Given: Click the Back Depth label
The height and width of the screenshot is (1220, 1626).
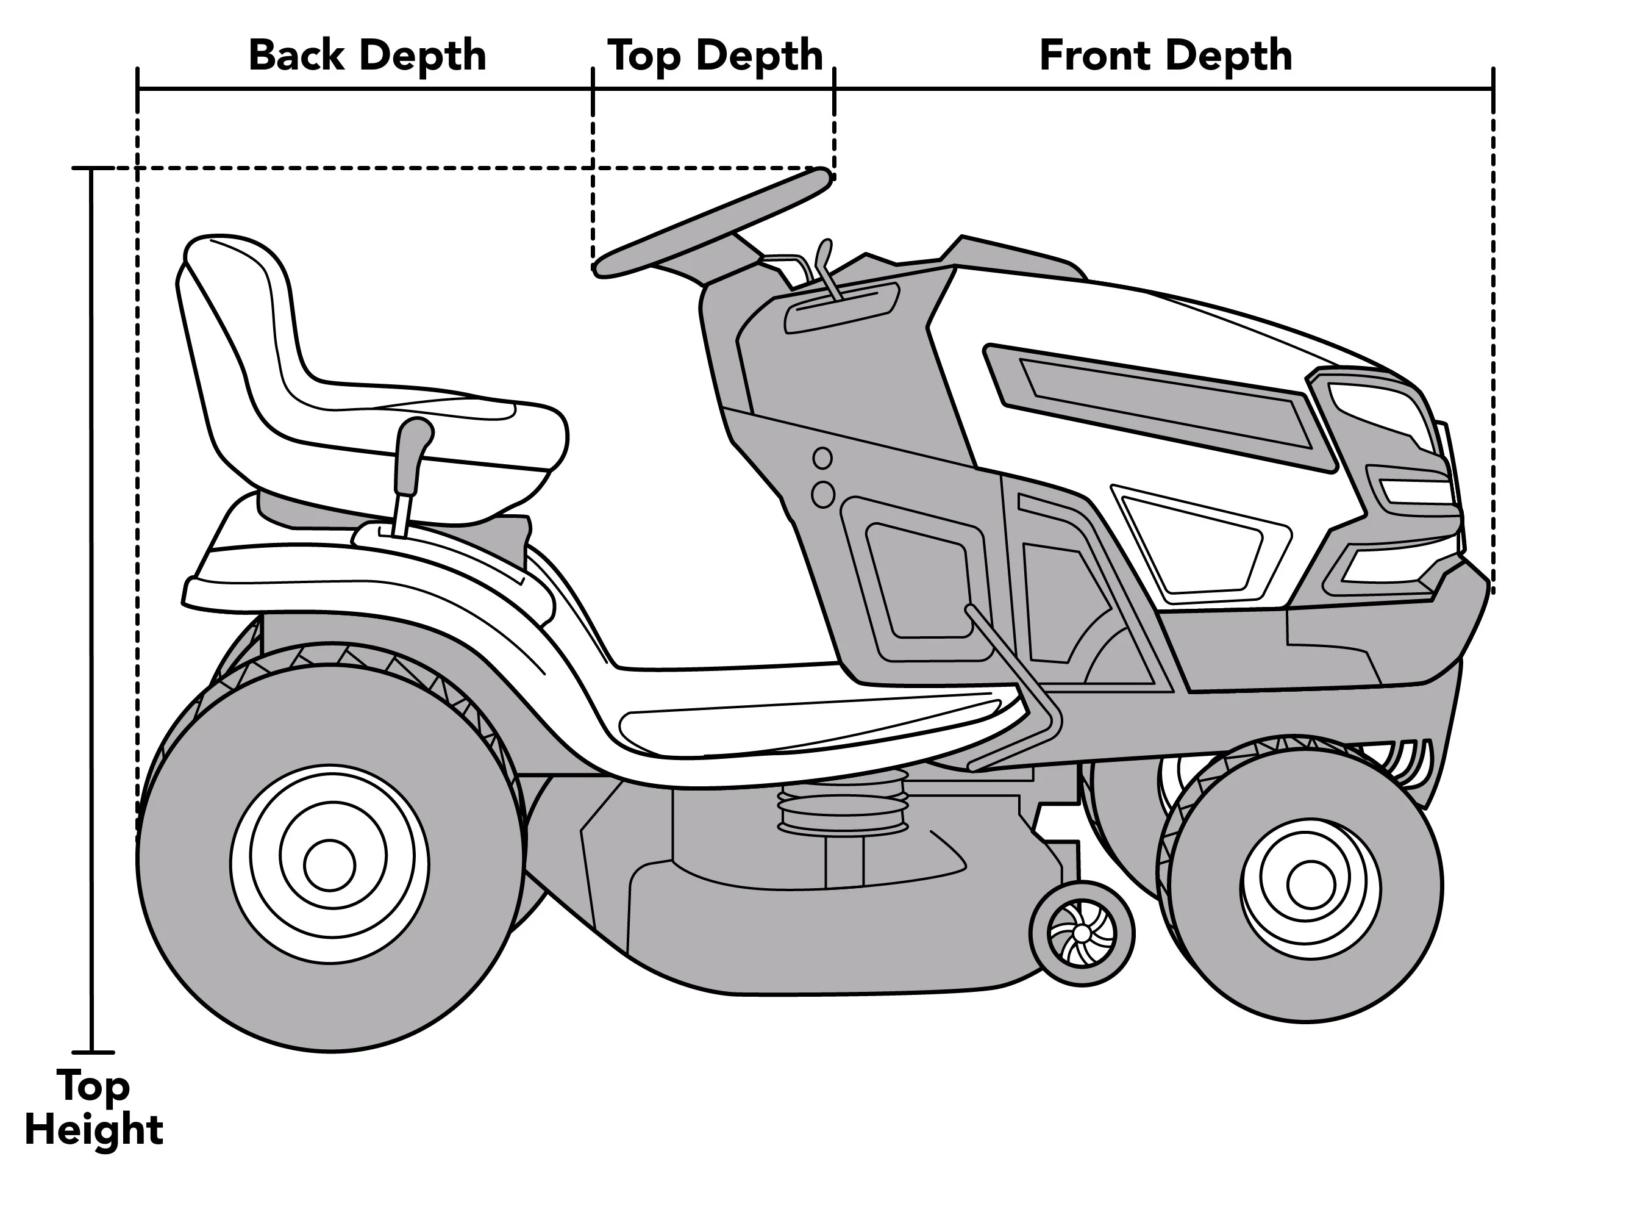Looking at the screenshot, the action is (x=368, y=56).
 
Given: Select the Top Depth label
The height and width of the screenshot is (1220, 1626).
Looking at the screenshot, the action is (x=715, y=56).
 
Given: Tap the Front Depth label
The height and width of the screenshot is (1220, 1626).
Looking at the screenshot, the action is (x=1166, y=56).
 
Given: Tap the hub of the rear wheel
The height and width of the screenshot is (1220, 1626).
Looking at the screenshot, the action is (x=330, y=865).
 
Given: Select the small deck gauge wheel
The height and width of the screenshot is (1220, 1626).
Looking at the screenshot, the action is (x=1082, y=933).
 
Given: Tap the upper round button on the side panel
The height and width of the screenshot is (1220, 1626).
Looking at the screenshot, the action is (x=822, y=459).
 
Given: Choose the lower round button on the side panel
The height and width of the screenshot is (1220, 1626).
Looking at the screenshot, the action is (x=822, y=494).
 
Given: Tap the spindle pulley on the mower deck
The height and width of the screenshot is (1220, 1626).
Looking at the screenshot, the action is (x=842, y=809).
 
